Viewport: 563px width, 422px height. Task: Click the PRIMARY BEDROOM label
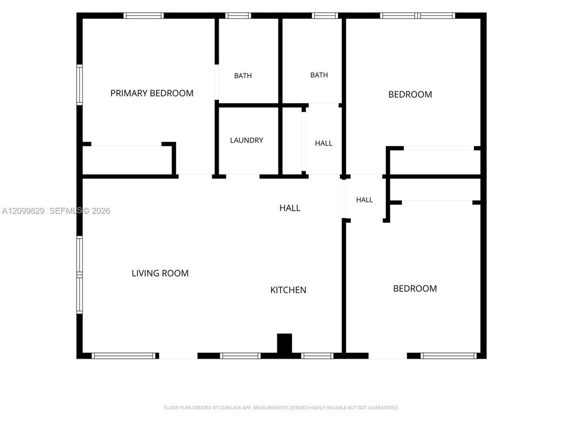152,93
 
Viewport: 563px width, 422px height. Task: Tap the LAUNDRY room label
247,140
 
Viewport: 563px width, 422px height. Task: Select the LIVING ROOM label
160,274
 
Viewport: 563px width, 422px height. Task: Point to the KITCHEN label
289,290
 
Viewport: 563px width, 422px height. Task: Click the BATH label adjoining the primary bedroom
243,76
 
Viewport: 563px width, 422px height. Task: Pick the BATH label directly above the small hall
319,75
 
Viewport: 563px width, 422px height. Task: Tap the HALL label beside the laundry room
324,144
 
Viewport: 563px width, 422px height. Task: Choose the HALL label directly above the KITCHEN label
290,208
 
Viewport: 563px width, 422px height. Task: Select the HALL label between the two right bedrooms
364,200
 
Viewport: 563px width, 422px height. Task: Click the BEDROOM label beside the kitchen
415,288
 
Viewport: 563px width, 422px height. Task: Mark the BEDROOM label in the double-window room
410,94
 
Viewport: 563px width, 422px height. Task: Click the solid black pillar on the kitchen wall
284,344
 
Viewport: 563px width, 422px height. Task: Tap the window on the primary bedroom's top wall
144,15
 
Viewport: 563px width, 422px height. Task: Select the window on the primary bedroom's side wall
79,84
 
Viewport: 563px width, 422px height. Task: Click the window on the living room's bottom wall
125,356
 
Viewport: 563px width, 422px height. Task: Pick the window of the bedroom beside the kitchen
449,356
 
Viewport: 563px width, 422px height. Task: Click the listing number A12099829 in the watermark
23,211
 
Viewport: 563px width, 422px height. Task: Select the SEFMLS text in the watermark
66,211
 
